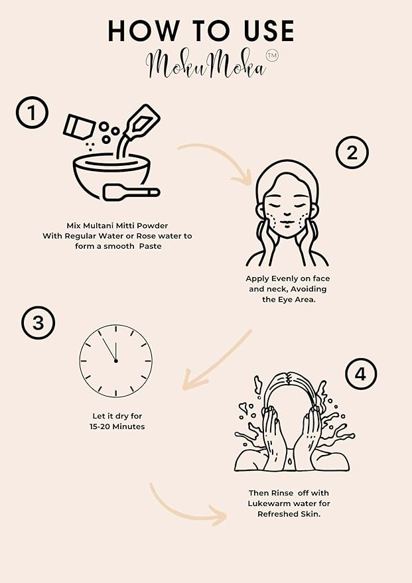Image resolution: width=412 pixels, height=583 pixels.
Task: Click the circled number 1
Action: tap(32, 112)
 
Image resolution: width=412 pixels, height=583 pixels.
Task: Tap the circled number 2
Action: tap(352, 153)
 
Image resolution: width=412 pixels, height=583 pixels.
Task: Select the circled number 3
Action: tap(38, 322)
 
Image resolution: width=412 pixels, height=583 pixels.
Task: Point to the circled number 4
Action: tap(361, 374)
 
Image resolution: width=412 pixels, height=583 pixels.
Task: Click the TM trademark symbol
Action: tap(272, 56)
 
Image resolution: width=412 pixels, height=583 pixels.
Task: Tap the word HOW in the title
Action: tap(143, 31)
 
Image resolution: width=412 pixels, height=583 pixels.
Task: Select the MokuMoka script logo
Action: tap(206, 65)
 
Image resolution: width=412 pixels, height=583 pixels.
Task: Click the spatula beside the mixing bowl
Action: tap(131, 192)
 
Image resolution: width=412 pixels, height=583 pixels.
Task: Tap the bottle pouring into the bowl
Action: tap(139, 127)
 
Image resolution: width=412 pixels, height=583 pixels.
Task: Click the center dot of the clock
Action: tap(116, 361)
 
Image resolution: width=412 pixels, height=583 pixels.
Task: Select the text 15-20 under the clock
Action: tap(100, 426)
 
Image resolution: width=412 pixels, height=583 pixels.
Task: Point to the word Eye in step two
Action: tap(282, 300)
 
